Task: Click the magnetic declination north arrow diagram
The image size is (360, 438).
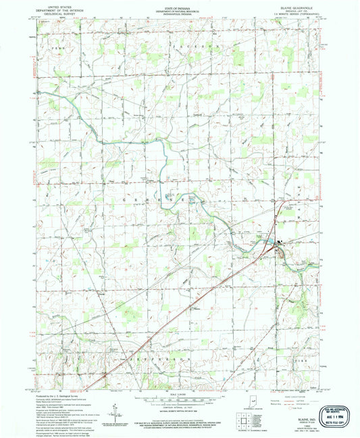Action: [117, 410]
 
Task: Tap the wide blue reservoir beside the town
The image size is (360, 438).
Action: [269, 241]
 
